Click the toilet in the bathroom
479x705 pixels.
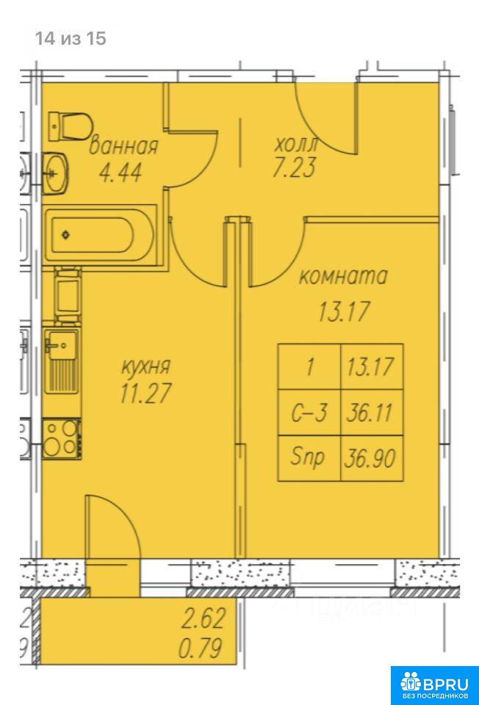click(x=71, y=126)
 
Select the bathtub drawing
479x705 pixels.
click(x=100, y=234)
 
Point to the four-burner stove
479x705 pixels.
click(x=62, y=438)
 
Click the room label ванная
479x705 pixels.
click(x=123, y=146)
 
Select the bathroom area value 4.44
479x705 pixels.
click(x=120, y=172)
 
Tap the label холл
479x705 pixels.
click(x=296, y=145)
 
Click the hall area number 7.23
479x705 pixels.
click(x=294, y=167)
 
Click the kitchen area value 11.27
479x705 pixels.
click(x=145, y=392)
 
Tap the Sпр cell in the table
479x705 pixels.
click(x=309, y=458)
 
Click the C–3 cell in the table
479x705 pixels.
click(x=309, y=412)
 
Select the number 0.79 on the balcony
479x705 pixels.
click(x=201, y=648)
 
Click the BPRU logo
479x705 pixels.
click(x=434, y=685)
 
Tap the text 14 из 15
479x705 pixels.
click(x=71, y=39)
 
